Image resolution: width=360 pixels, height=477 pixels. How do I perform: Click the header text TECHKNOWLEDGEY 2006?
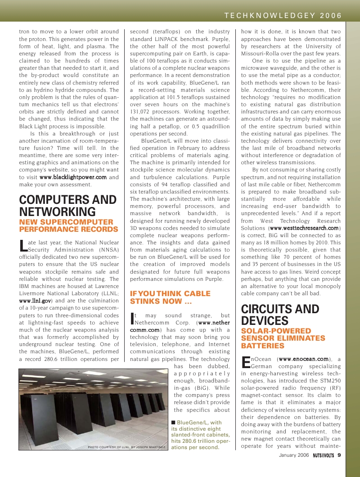(283, 15)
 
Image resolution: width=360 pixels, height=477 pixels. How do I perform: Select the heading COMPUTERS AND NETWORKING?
(68, 206)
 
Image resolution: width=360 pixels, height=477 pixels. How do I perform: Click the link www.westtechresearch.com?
(304, 228)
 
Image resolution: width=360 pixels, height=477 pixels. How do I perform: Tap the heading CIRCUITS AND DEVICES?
(280, 315)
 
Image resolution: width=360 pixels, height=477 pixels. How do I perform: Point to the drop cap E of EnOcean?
(246, 362)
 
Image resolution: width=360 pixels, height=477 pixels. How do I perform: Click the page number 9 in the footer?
(339, 455)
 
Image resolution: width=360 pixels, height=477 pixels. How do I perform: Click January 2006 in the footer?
(294, 455)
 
